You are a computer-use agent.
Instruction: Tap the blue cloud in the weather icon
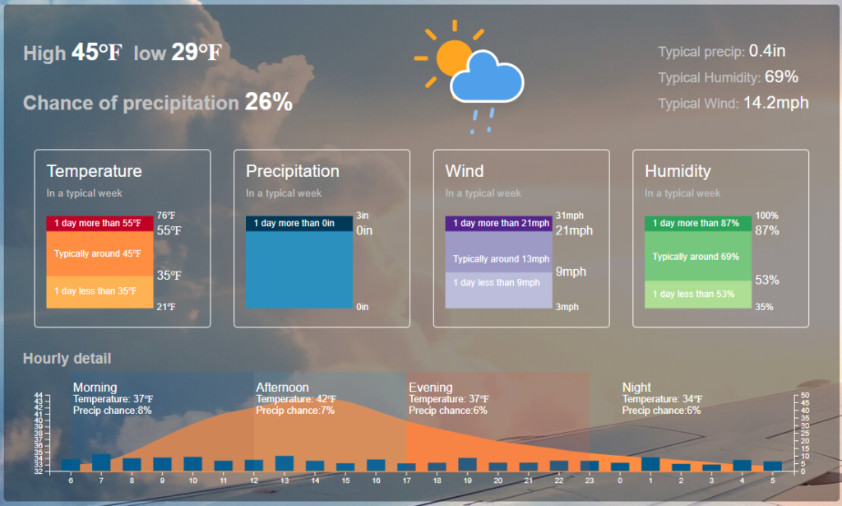point(487,78)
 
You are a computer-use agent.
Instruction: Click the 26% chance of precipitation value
point(269,101)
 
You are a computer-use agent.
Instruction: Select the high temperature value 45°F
point(97,52)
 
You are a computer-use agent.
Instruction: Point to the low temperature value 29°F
point(197,52)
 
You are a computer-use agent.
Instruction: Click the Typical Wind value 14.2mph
point(776,103)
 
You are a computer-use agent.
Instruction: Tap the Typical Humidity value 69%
point(781,77)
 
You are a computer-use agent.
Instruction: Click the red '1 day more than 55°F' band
point(99,223)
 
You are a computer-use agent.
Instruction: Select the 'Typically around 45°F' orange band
point(99,253)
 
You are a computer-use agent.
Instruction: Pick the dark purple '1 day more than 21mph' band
point(499,223)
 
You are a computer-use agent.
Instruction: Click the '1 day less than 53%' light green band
point(698,295)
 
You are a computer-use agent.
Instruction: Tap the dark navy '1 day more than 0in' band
point(299,223)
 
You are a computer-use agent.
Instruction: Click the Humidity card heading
point(678,171)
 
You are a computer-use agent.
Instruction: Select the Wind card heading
point(465,171)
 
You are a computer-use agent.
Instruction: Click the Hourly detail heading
point(67,358)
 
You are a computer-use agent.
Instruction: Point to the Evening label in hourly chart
point(431,388)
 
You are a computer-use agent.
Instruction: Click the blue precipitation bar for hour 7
point(101,463)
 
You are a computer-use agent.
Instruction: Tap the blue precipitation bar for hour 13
point(285,463)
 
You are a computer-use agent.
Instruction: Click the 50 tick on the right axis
point(805,396)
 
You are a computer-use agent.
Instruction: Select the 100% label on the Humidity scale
point(767,216)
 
